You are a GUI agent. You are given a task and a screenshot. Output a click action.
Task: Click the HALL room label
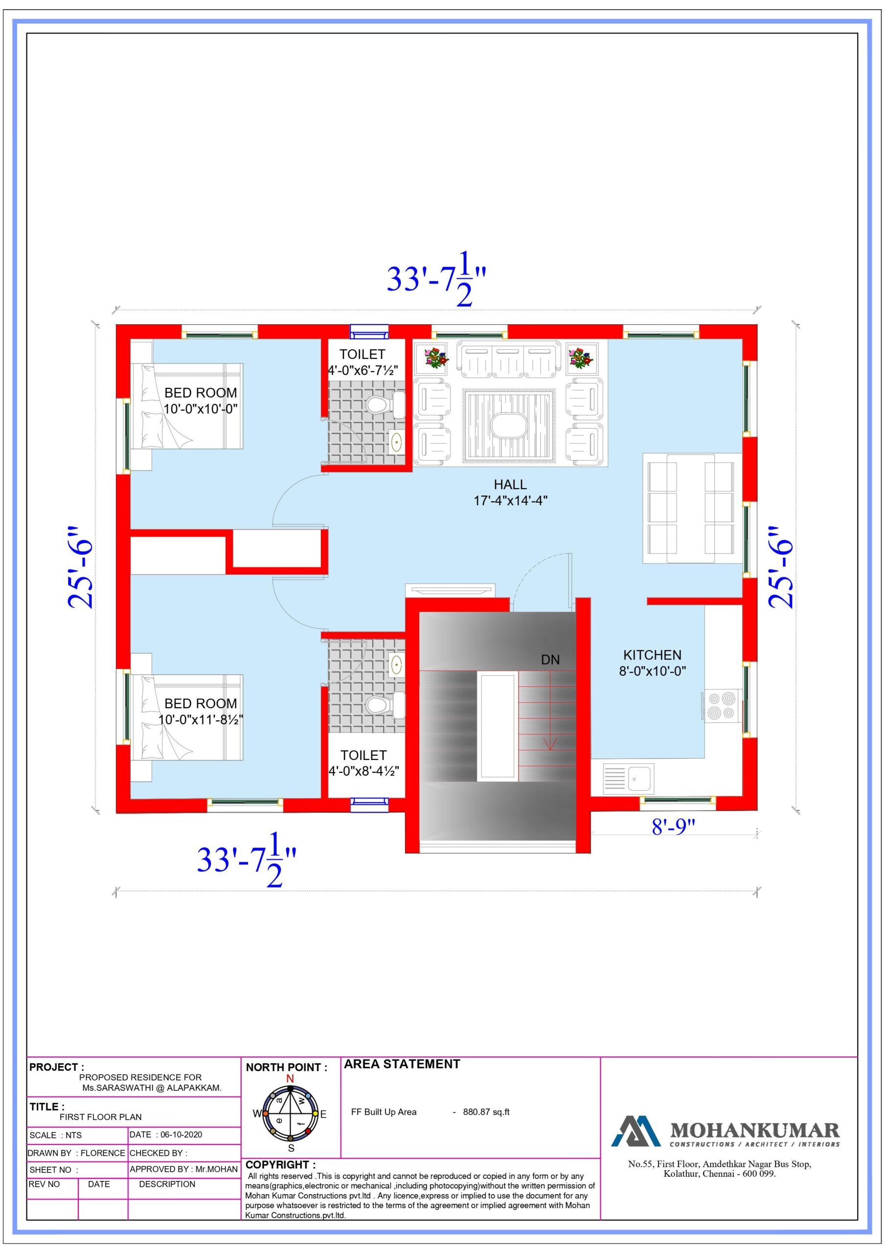[x=510, y=485]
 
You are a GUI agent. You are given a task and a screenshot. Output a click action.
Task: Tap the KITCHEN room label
[x=652, y=655]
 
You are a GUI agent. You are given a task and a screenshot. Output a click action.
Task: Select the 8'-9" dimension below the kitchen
[x=673, y=827]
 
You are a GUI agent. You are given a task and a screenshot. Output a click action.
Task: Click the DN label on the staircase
[x=550, y=660]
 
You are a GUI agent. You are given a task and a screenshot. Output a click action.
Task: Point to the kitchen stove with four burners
[x=720, y=706]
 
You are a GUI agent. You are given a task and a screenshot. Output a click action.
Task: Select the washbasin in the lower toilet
[x=396, y=665]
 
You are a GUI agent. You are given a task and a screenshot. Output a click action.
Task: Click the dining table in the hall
[x=690, y=508]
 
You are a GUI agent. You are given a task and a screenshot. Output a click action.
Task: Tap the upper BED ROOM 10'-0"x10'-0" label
[x=200, y=401]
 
